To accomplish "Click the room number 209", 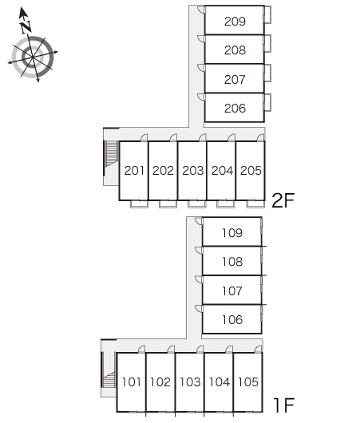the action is tap(235, 22).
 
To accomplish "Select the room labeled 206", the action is tap(235, 109).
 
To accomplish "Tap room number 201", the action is tap(134, 171).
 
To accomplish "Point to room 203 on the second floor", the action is tap(192, 171).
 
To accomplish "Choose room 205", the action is tap(251, 171).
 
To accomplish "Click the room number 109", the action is tap(232, 233).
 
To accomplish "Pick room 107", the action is tap(232, 291).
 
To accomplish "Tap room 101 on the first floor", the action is tap(132, 382).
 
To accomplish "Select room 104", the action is tap(220, 382).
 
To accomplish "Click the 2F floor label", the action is tap(283, 200).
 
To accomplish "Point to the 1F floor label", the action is tap(283, 405).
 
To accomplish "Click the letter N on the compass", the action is tap(26, 27).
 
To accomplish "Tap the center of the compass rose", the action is tap(33, 57).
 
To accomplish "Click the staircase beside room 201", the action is tap(111, 154).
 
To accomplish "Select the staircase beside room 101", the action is tap(109, 380).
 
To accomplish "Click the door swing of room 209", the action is tap(201, 9).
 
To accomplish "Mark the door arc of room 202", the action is tap(173, 137).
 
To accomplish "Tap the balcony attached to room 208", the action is tap(267, 43).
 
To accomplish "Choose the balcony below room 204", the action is tap(226, 204).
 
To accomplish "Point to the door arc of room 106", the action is tap(199, 309).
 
